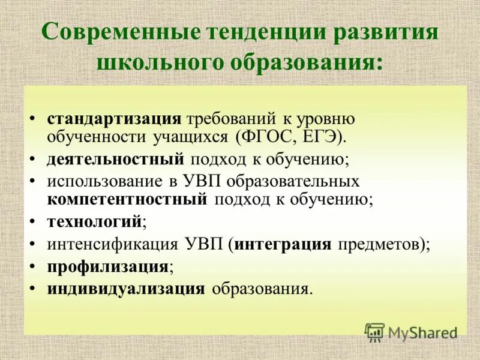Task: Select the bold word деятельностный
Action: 116,159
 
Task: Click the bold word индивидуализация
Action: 126,288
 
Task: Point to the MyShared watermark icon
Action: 375,332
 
